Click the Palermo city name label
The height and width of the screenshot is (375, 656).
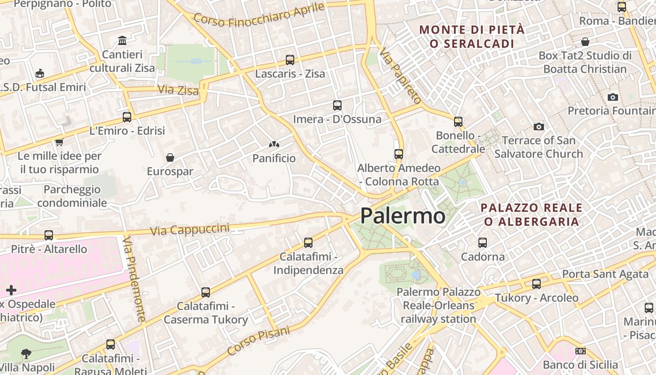pos(403,216)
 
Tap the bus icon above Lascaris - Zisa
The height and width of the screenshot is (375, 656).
pos(290,60)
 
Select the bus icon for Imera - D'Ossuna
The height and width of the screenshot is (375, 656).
pos(337,105)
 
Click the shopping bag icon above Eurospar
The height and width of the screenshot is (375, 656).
pos(170,157)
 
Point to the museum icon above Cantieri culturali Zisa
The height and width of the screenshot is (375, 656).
pos(122,40)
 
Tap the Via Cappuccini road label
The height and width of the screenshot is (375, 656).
pos(190,230)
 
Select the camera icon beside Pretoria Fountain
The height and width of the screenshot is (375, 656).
pos(612,97)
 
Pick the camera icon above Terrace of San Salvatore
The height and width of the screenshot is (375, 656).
pos(539,127)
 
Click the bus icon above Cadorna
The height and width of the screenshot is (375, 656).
pos(483,243)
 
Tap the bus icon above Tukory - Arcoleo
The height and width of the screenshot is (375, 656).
pos(537,284)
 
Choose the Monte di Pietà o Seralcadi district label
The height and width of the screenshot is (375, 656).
pos(472,37)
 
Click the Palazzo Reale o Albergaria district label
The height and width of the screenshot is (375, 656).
pos(532,215)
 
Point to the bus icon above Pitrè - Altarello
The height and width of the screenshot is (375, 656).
pos(49,235)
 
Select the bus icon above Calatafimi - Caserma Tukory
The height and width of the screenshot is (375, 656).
pos(206,292)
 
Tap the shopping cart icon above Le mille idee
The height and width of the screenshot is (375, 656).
pos(59,142)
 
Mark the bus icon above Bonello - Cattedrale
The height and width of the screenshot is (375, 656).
pos(458,122)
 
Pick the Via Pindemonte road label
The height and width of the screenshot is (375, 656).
pos(134,279)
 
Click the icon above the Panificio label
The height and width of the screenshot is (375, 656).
pos(274,145)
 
